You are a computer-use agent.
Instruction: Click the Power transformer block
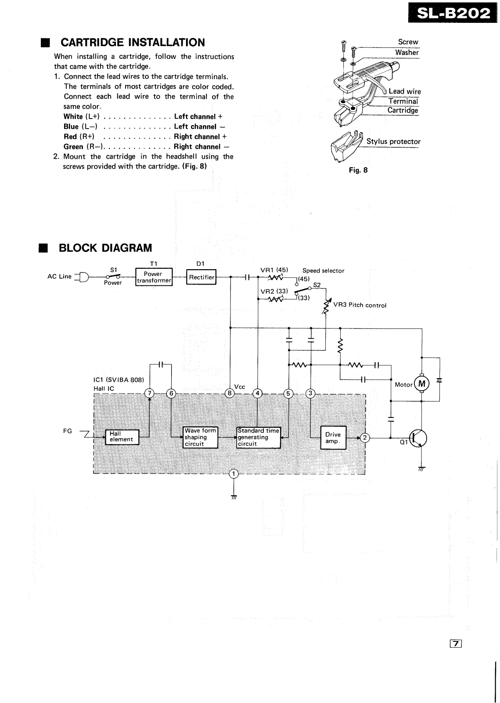tap(154, 277)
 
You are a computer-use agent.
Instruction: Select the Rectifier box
tap(201, 277)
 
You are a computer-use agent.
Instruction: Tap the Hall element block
tap(122, 436)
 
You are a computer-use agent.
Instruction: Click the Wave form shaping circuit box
tap(200, 437)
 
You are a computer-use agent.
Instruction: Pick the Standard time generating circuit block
tap(258, 437)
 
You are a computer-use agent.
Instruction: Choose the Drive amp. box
tap(333, 438)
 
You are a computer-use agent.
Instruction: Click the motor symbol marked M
tap(422, 384)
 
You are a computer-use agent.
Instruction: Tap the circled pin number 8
tap(230, 393)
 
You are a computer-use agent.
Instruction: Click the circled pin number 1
tap(234, 473)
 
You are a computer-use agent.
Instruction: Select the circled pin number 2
tap(365, 437)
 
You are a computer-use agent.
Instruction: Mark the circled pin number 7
tap(150, 393)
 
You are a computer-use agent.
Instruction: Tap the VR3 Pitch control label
tap(360, 305)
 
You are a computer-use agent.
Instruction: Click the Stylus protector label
tap(393, 141)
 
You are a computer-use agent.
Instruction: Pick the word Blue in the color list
tap(71, 126)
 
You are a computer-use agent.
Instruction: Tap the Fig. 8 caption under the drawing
tap(358, 170)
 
